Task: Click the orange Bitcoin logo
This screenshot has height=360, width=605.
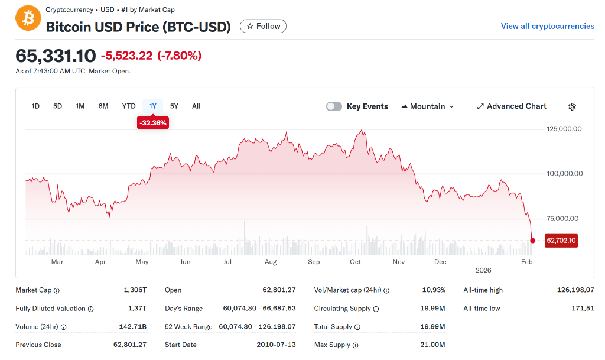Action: click(x=28, y=18)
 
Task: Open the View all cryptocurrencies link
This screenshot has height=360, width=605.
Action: click(x=547, y=26)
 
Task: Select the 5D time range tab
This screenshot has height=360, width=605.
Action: click(x=57, y=106)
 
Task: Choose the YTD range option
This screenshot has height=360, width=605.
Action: click(x=129, y=106)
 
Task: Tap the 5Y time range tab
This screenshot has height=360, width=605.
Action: click(x=174, y=106)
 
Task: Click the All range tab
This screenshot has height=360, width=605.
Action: click(x=196, y=106)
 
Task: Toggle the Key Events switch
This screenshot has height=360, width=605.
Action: click(x=334, y=106)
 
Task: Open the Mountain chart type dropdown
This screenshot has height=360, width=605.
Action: click(x=428, y=106)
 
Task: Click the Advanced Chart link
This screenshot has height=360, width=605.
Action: click(x=512, y=106)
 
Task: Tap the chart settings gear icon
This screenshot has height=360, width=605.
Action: click(x=572, y=107)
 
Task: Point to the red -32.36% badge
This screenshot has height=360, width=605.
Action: click(x=152, y=123)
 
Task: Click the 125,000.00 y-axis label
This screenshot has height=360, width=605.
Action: click(x=564, y=129)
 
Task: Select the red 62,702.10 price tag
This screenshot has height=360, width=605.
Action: click(x=561, y=241)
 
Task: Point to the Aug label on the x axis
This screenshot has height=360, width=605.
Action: click(x=271, y=262)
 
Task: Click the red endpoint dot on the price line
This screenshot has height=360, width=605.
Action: click(x=533, y=241)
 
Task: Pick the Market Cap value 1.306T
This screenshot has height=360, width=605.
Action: click(x=135, y=290)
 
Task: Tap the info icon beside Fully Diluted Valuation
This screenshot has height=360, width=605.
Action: click(x=91, y=309)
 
